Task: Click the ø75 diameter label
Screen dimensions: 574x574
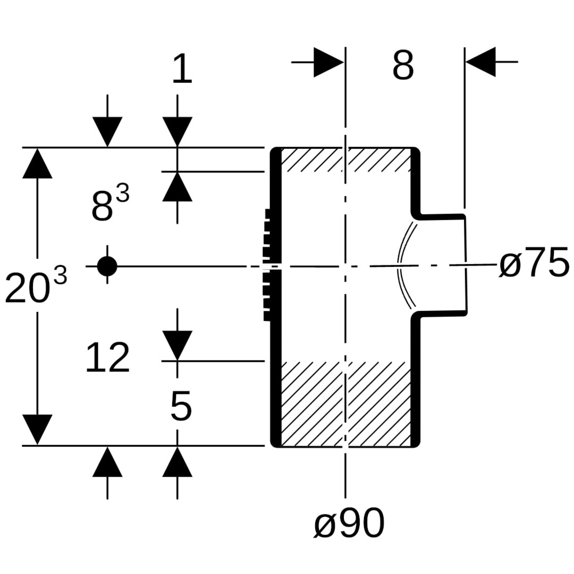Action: pyautogui.click(x=534, y=264)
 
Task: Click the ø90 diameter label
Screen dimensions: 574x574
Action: pyautogui.click(x=349, y=524)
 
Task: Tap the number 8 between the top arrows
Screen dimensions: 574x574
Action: pyautogui.click(x=403, y=66)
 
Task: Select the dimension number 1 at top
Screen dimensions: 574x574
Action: pyautogui.click(x=182, y=69)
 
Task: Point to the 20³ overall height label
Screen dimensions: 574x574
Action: pyautogui.click(x=35, y=287)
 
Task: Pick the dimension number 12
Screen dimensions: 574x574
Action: pyautogui.click(x=107, y=358)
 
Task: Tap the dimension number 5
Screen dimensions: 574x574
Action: pyautogui.click(x=181, y=407)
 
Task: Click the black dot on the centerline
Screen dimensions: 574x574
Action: pyautogui.click(x=107, y=266)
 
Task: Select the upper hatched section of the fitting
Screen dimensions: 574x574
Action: pyautogui.click(x=345, y=159)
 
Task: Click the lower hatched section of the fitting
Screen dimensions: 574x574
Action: pyautogui.click(x=345, y=404)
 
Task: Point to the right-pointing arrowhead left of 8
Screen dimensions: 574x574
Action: pyautogui.click(x=328, y=62)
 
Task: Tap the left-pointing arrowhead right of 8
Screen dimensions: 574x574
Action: pyautogui.click(x=481, y=62)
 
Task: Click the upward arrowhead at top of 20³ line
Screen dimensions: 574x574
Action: pyautogui.click(x=37, y=163)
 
